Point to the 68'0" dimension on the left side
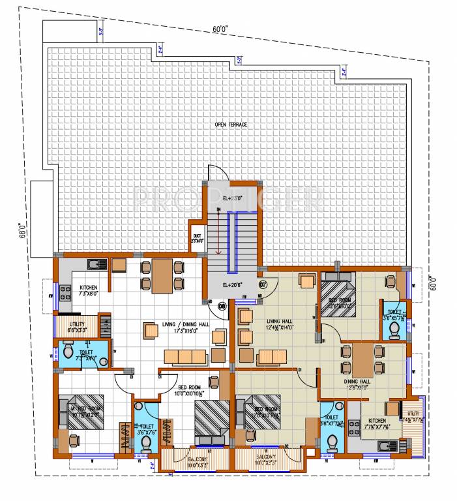click(x=22, y=229)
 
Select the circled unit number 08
click(x=222, y=305)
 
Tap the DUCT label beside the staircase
click(x=197, y=238)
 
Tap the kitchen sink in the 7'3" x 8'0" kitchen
click(x=97, y=264)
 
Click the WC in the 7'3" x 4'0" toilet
click(x=67, y=354)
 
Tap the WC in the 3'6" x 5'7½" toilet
click(x=393, y=331)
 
